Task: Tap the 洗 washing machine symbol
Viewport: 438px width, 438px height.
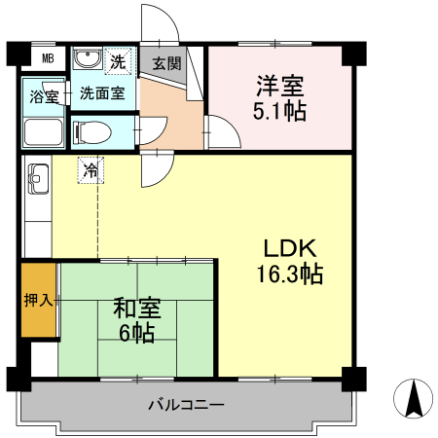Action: click(x=118, y=61)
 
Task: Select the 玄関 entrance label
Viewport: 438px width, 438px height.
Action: click(x=166, y=64)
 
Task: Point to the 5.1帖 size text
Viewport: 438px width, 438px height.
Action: click(x=281, y=111)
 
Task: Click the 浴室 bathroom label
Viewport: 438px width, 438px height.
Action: click(x=44, y=97)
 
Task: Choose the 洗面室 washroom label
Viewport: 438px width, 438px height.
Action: click(x=101, y=94)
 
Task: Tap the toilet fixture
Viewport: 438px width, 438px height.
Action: click(x=91, y=130)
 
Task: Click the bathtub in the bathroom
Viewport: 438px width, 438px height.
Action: click(x=44, y=133)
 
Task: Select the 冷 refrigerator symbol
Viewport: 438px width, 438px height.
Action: click(x=91, y=170)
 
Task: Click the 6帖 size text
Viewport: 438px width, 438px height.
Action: click(x=136, y=334)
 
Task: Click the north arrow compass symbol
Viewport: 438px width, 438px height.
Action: click(x=413, y=397)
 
